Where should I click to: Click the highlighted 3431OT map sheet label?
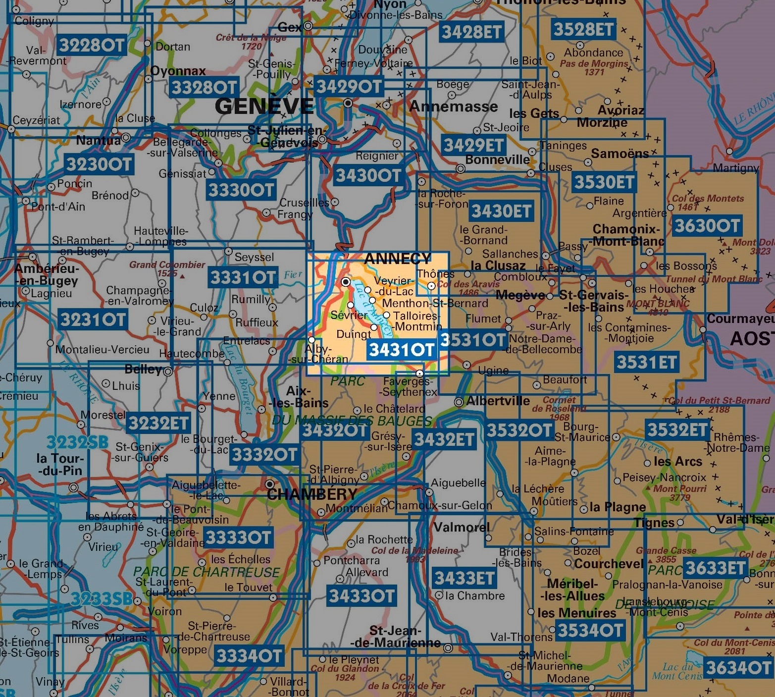click(x=401, y=350)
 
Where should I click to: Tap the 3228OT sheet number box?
click(x=92, y=45)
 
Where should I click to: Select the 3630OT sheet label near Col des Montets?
click(x=707, y=226)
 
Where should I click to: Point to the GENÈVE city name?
click(x=264, y=106)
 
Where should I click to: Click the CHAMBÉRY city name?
click(x=312, y=494)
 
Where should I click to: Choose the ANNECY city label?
click(x=398, y=259)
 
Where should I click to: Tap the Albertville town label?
click(x=498, y=401)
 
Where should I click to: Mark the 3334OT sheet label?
click(x=249, y=656)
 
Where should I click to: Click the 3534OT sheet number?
click(x=590, y=631)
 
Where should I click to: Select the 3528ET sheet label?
click(x=583, y=29)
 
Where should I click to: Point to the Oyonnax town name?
click(x=178, y=71)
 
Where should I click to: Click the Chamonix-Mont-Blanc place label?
click(x=628, y=235)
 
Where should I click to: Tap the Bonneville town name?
click(x=497, y=160)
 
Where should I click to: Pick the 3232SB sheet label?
click(x=77, y=442)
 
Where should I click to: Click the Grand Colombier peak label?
click(x=167, y=268)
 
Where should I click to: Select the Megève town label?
click(x=520, y=295)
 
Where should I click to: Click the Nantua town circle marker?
click(x=126, y=137)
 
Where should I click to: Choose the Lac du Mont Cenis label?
click(x=677, y=671)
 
